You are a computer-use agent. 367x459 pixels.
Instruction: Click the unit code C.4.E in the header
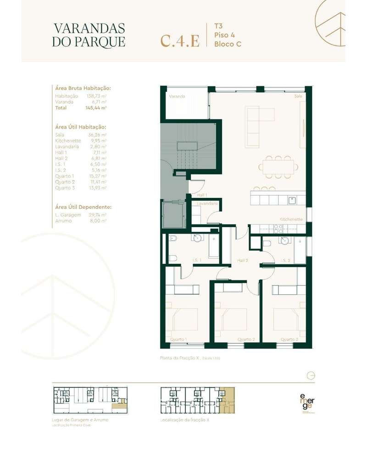180,40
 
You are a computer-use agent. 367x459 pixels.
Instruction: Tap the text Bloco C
228,44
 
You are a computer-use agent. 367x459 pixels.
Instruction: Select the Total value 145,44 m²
96,108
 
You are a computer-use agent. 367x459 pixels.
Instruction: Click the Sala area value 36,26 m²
97,135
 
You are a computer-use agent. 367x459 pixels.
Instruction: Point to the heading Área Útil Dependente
83,207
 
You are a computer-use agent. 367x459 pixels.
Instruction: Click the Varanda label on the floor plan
177,97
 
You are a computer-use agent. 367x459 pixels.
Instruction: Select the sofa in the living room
253,127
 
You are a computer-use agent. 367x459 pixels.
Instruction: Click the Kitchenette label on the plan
291,219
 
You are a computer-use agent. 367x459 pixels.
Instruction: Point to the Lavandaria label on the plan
207,203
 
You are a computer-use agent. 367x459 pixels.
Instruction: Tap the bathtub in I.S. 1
214,246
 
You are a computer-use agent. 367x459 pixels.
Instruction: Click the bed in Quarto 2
232,319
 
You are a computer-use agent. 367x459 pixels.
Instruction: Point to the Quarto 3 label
289,340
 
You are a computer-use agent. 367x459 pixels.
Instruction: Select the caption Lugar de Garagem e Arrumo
81,420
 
